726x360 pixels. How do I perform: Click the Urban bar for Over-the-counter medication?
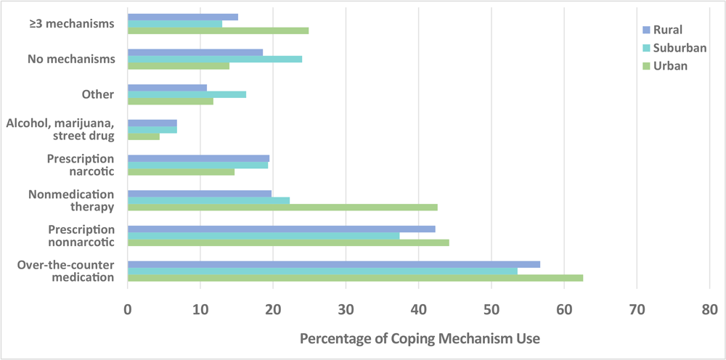[x=355, y=278]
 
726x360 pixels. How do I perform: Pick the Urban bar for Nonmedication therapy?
[x=282, y=208]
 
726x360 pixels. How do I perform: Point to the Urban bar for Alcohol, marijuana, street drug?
[x=144, y=136]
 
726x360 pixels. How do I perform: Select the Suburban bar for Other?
[x=187, y=94]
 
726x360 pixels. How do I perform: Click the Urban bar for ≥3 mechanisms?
[x=218, y=30]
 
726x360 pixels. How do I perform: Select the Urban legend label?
[x=669, y=66]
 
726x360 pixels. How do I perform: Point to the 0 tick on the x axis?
[x=128, y=310]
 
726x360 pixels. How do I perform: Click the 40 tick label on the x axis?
[x=418, y=310]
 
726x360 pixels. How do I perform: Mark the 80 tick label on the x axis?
[x=709, y=310]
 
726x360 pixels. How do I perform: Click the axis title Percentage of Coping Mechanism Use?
[x=420, y=339]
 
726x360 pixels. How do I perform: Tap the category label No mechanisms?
[x=71, y=59]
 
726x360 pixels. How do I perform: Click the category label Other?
[x=98, y=94]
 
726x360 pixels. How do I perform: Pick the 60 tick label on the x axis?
[x=564, y=310]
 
